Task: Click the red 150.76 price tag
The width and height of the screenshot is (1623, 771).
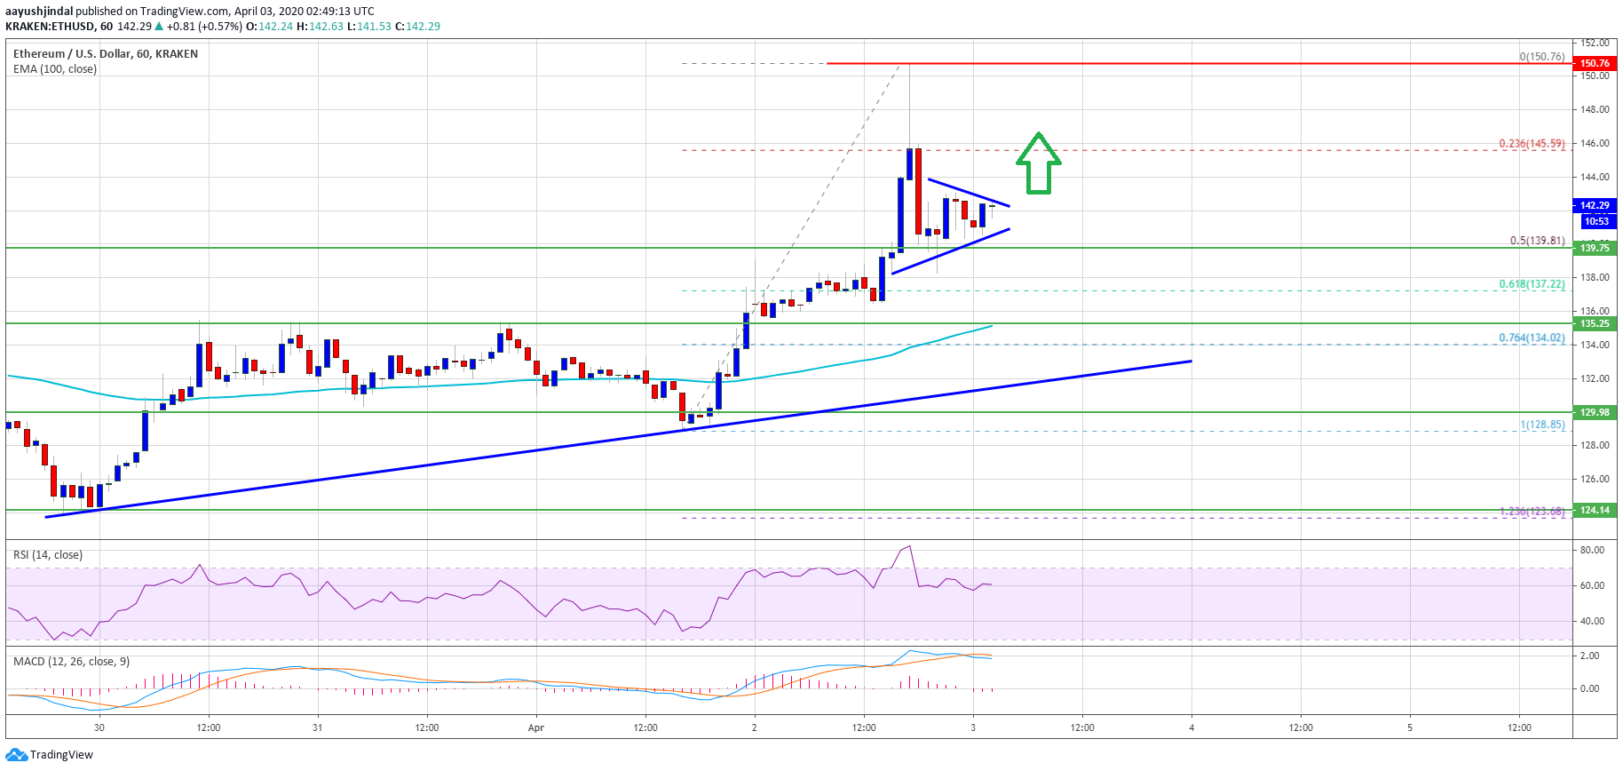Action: (x=1594, y=63)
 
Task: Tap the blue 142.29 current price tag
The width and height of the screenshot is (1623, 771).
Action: (x=1594, y=205)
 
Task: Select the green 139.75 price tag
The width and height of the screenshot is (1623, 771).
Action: (x=1594, y=248)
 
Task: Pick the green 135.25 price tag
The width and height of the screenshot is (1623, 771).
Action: (x=1594, y=323)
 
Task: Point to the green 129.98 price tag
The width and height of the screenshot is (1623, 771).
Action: (x=1594, y=412)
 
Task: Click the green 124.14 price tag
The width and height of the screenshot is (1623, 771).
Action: (x=1594, y=510)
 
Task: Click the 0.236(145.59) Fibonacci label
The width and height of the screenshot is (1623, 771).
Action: (x=1532, y=143)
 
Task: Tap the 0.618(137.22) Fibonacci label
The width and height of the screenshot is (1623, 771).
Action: (x=1532, y=284)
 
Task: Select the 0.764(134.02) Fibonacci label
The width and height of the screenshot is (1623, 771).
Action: (x=1532, y=338)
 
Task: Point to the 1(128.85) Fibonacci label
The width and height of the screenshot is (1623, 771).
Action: (x=1542, y=425)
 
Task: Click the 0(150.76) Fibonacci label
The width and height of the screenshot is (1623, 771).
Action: (x=1541, y=57)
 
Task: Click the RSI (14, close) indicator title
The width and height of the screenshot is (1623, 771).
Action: (x=48, y=555)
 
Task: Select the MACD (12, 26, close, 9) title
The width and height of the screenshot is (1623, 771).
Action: (x=71, y=662)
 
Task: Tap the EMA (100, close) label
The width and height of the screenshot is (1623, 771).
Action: (x=55, y=69)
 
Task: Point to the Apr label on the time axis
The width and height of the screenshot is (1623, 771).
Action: (x=535, y=727)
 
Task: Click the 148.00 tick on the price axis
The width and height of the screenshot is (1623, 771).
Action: (x=1595, y=109)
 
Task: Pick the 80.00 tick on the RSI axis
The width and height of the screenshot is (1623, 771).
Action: (x=1592, y=550)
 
